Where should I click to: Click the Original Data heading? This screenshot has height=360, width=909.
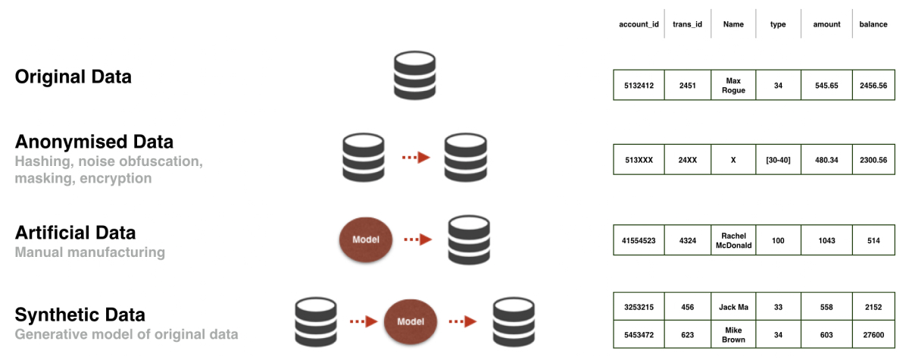click(x=73, y=77)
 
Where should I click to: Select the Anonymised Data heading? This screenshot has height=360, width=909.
click(x=94, y=142)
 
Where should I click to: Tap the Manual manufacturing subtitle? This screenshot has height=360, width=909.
click(x=89, y=252)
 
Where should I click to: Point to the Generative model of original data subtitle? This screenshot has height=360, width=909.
click(x=127, y=334)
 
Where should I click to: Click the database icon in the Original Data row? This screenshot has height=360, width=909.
click(x=414, y=76)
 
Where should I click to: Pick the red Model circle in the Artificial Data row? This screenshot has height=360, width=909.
click(x=365, y=239)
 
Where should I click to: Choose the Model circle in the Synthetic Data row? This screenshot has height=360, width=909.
click(x=411, y=321)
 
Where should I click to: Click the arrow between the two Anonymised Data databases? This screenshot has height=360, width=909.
click(x=416, y=158)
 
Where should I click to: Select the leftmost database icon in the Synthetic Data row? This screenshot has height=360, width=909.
click(x=316, y=321)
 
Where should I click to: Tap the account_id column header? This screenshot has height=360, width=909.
click(x=639, y=24)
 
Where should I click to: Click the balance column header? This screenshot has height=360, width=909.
click(x=873, y=24)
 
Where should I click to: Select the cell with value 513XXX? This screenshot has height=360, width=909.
click(x=639, y=160)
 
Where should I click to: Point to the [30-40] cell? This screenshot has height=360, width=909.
click(x=778, y=160)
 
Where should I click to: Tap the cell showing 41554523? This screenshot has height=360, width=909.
click(x=639, y=239)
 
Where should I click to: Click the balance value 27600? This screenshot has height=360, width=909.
click(x=873, y=335)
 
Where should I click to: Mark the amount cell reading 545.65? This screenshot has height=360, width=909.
click(x=826, y=85)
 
